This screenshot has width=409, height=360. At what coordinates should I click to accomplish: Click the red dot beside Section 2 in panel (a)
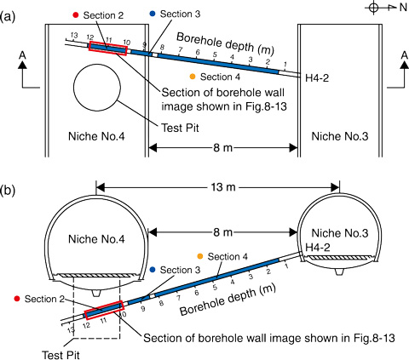(76, 15)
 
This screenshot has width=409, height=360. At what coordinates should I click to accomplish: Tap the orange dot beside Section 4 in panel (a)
(193, 77)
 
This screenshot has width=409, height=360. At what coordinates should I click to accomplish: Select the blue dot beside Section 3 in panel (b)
(153, 270)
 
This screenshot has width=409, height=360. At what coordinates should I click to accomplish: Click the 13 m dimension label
(223, 187)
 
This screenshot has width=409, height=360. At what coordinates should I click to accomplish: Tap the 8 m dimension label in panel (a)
(223, 147)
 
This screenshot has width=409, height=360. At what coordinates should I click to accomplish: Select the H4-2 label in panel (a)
(317, 78)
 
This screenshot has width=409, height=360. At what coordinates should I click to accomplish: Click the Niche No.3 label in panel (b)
(340, 233)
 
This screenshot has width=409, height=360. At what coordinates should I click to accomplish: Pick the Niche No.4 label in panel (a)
(96, 136)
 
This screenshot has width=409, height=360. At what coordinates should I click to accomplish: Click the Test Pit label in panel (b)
(60, 355)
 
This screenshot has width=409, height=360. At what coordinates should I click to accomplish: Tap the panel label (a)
(8, 17)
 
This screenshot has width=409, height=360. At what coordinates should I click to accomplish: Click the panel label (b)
(8, 191)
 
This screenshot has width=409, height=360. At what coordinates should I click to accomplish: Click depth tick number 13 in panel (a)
(74, 36)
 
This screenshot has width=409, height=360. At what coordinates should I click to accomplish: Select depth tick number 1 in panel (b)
(286, 266)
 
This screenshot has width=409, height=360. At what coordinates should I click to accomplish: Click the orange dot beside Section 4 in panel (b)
(200, 256)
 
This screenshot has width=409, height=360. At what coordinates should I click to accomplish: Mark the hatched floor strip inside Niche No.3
(340, 258)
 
